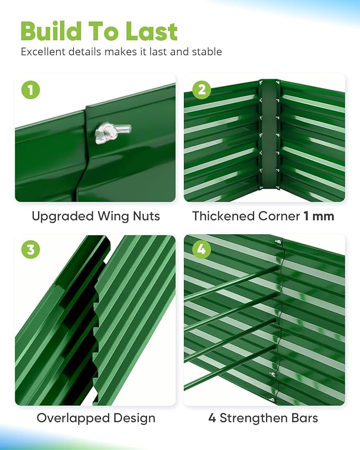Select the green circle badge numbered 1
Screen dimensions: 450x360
point(30,90)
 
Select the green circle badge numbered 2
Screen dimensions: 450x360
point(201,90)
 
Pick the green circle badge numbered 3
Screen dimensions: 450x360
point(30,249)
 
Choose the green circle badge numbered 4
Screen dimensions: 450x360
point(201,249)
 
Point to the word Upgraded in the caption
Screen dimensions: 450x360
point(63,216)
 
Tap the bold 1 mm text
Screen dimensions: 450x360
point(319,216)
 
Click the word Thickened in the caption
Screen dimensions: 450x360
point(223,216)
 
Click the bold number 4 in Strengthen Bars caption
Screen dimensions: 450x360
point(212,418)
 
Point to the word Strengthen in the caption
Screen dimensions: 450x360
point(253,418)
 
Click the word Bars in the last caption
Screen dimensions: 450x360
point(305,418)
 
